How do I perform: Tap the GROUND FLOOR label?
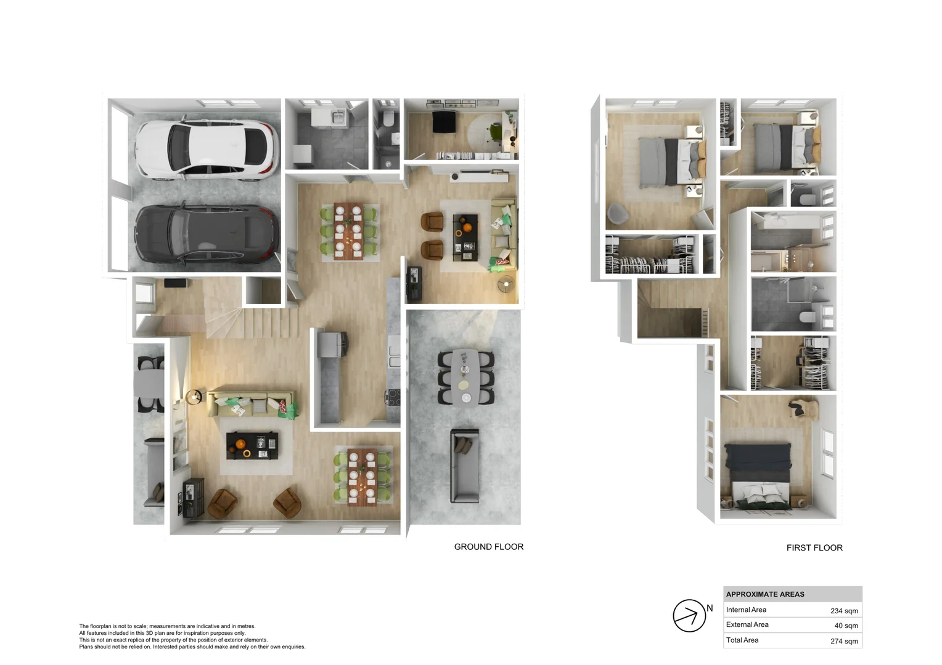coord(488,547)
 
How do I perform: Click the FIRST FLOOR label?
coord(814,548)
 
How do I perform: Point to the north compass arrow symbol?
coord(689,616)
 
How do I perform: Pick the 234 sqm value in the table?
coord(843,611)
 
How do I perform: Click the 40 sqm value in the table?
coord(846,626)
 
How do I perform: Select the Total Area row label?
coord(742,640)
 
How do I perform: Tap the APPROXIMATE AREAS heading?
coord(765,594)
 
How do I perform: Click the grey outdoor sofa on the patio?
coord(464,465)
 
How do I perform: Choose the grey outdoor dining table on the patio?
coord(465,376)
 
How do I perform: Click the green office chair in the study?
coord(495,131)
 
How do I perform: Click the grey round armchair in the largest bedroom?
coord(618,213)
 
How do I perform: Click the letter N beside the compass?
coord(710,608)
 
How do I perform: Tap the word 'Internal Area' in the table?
coord(746,610)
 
